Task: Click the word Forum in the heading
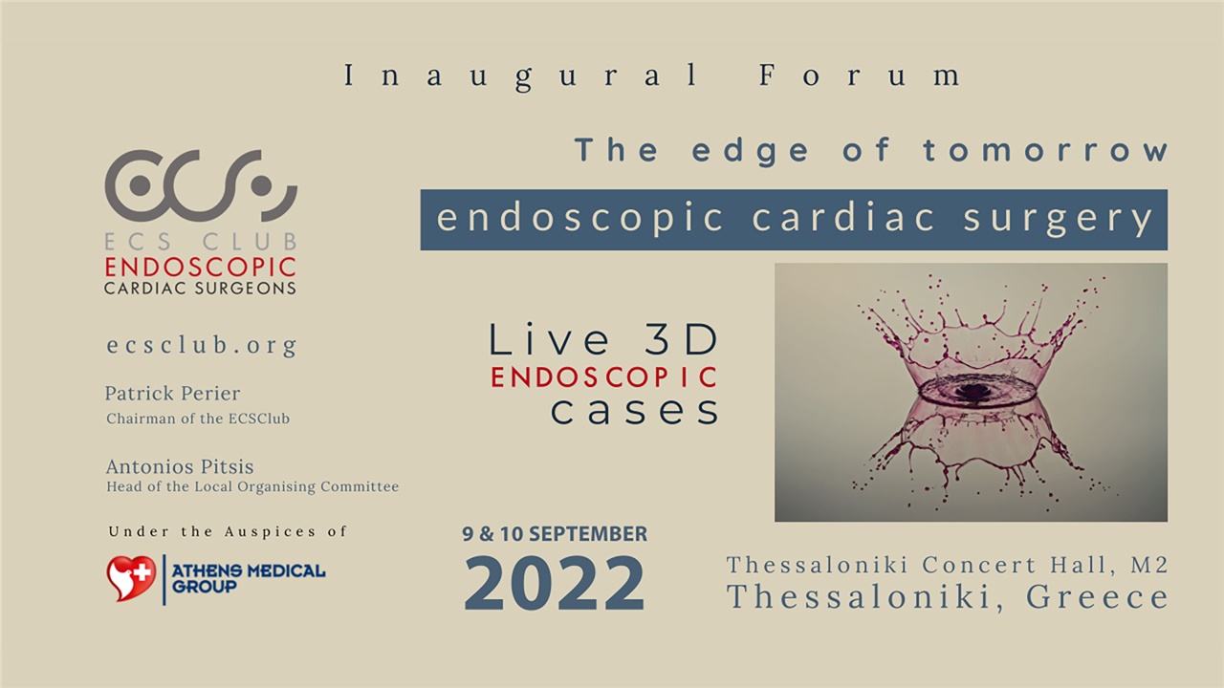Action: pos(861,76)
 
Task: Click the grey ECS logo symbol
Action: pos(201,184)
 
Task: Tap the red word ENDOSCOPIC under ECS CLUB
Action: pos(200,267)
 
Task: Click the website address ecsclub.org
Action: pos(202,345)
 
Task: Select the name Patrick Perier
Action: pos(172,394)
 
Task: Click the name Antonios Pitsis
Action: pos(180,467)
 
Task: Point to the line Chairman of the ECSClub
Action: pos(198,419)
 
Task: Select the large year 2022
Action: pos(555,583)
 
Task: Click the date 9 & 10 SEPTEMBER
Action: pos(555,534)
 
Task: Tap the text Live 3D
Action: pos(603,340)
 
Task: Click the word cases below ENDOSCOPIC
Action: pos(634,410)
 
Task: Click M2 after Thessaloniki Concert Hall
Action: pos(1148,565)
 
